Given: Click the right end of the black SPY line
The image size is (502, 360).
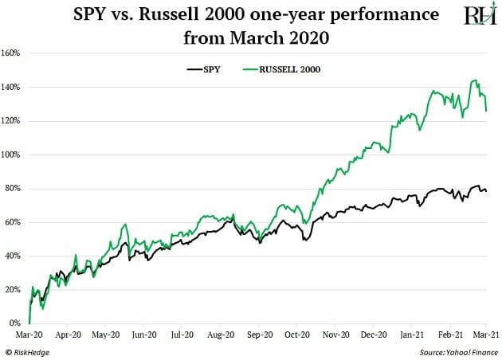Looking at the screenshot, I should click(x=487, y=191).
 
